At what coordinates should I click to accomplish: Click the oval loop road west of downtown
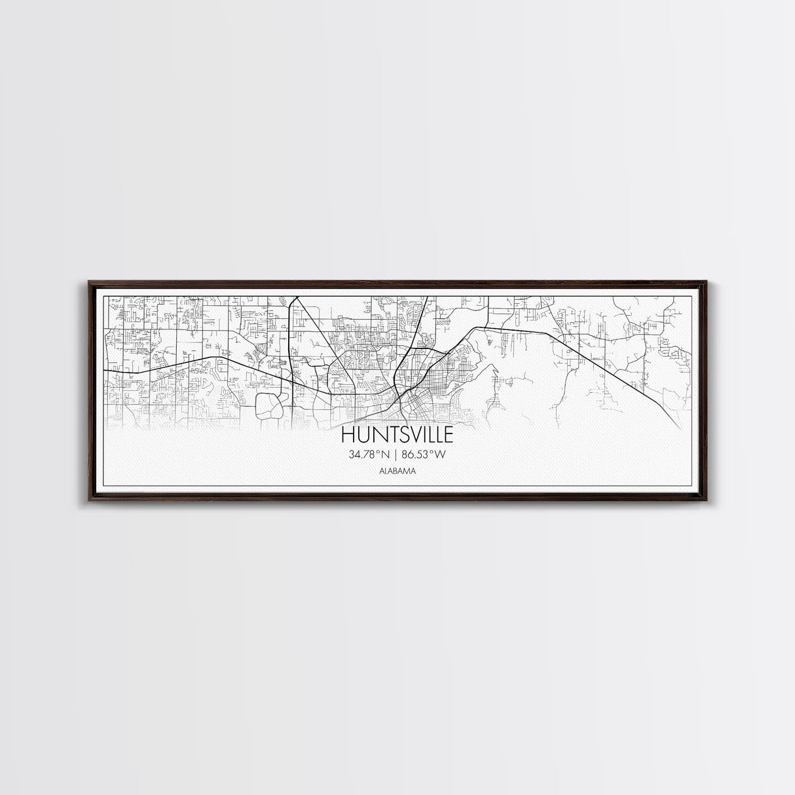click(268, 406)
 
